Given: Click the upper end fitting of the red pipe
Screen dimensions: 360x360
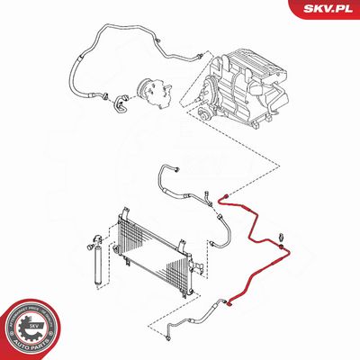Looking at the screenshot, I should point(224,194).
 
